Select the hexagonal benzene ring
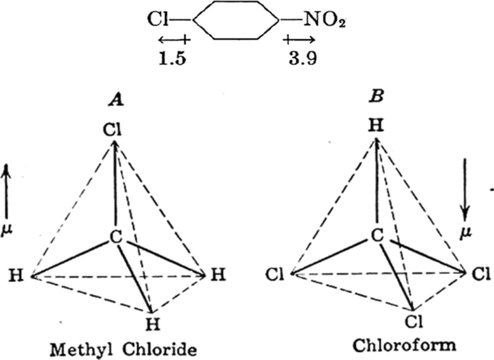click(x=235, y=22)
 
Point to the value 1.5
click(x=172, y=58)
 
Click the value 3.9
click(x=299, y=58)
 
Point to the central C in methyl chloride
click(x=115, y=236)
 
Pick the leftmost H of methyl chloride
click(x=15, y=275)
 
